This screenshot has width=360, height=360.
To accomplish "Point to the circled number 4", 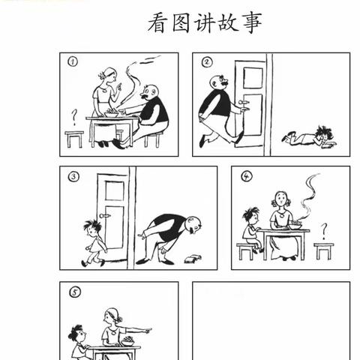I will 245,177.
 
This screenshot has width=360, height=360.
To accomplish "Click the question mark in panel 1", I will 73,116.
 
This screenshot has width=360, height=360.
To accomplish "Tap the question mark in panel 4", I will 323,229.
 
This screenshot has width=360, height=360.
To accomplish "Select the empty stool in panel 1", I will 74,139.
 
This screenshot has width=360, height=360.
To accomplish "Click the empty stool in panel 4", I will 323,250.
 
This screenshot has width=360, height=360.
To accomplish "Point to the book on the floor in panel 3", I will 191,259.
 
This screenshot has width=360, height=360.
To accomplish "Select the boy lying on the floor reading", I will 310,136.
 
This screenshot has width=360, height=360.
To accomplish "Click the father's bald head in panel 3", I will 194,223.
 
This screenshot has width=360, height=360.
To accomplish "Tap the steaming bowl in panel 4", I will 296,223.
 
